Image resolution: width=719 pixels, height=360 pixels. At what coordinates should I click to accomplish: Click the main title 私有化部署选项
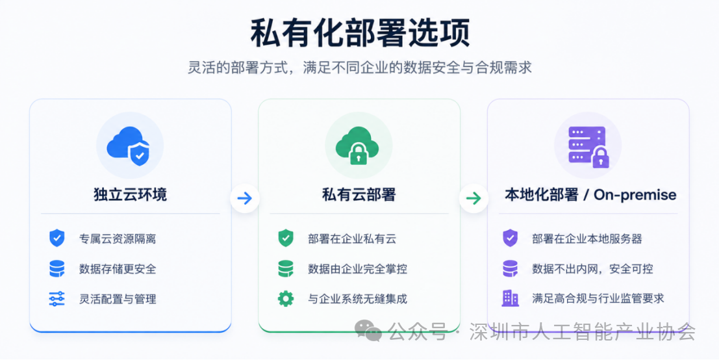point(360,33)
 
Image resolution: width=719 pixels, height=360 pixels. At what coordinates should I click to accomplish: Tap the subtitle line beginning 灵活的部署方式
point(360,68)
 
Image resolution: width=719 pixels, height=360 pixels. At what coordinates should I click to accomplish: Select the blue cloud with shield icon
point(129,146)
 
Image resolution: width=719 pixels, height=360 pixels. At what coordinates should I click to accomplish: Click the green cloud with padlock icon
point(358,146)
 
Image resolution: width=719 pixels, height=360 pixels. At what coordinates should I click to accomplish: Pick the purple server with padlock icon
point(588,146)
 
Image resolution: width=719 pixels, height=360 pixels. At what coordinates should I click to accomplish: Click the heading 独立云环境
point(131,194)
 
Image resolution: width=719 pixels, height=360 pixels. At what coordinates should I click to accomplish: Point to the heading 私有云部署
point(359,194)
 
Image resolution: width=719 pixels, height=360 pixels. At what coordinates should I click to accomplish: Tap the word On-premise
point(635,195)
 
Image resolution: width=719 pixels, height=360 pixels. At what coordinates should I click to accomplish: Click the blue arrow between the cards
point(245,198)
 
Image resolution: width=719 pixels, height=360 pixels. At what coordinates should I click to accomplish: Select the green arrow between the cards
point(473,198)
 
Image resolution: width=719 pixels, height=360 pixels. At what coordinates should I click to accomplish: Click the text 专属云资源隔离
point(118,238)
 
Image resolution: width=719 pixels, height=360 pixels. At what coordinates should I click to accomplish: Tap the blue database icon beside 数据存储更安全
point(57,269)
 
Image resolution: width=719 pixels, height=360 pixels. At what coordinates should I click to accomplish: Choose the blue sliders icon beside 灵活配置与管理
point(57,298)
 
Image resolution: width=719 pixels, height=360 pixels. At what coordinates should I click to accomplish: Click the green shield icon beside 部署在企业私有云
point(286,238)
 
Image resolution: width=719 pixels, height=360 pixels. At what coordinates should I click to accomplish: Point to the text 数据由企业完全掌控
point(358,269)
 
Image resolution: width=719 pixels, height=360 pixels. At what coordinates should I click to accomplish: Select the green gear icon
point(286,298)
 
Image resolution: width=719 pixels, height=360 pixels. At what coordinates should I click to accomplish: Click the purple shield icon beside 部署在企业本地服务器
point(510,238)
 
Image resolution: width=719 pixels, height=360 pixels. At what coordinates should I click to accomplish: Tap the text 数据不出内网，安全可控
point(592,269)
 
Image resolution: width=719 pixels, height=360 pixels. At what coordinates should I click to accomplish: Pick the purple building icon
point(510,298)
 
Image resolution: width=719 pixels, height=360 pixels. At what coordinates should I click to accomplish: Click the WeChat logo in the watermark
point(368,331)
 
